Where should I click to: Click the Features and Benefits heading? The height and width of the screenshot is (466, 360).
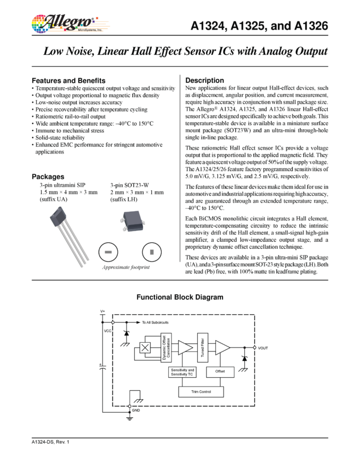tap(68, 81)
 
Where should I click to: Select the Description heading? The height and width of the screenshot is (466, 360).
tap(204, 80)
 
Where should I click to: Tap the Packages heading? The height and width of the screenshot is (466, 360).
tap(48, 177)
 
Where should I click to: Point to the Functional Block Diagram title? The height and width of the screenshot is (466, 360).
tap(180, 297)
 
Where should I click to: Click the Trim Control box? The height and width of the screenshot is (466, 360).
tap(201, 391)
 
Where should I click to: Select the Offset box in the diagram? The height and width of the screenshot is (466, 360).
tap(220, 372)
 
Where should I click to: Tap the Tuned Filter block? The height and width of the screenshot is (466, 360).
tap(203, 348)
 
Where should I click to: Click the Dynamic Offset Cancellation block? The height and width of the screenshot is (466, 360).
tap(167, 348)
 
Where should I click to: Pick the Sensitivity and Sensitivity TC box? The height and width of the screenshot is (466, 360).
tap(182, 372)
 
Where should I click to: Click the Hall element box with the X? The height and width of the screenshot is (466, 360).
tap(145, 348)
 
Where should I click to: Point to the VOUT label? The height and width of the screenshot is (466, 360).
tap(263, 348)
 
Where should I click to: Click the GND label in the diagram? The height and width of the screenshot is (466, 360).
tap(136, 411)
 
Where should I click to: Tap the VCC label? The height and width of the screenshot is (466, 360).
tap(107, 331)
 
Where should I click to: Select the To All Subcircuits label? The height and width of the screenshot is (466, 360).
tap(155, 322)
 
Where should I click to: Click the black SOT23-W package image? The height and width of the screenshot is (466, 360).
tap(133, 221)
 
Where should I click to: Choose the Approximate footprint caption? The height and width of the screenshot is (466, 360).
tap(126, 267)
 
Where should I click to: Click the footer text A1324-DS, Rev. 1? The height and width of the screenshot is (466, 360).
tap(50, 442)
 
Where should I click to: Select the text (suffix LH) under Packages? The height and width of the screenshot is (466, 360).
tap(124, 200)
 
